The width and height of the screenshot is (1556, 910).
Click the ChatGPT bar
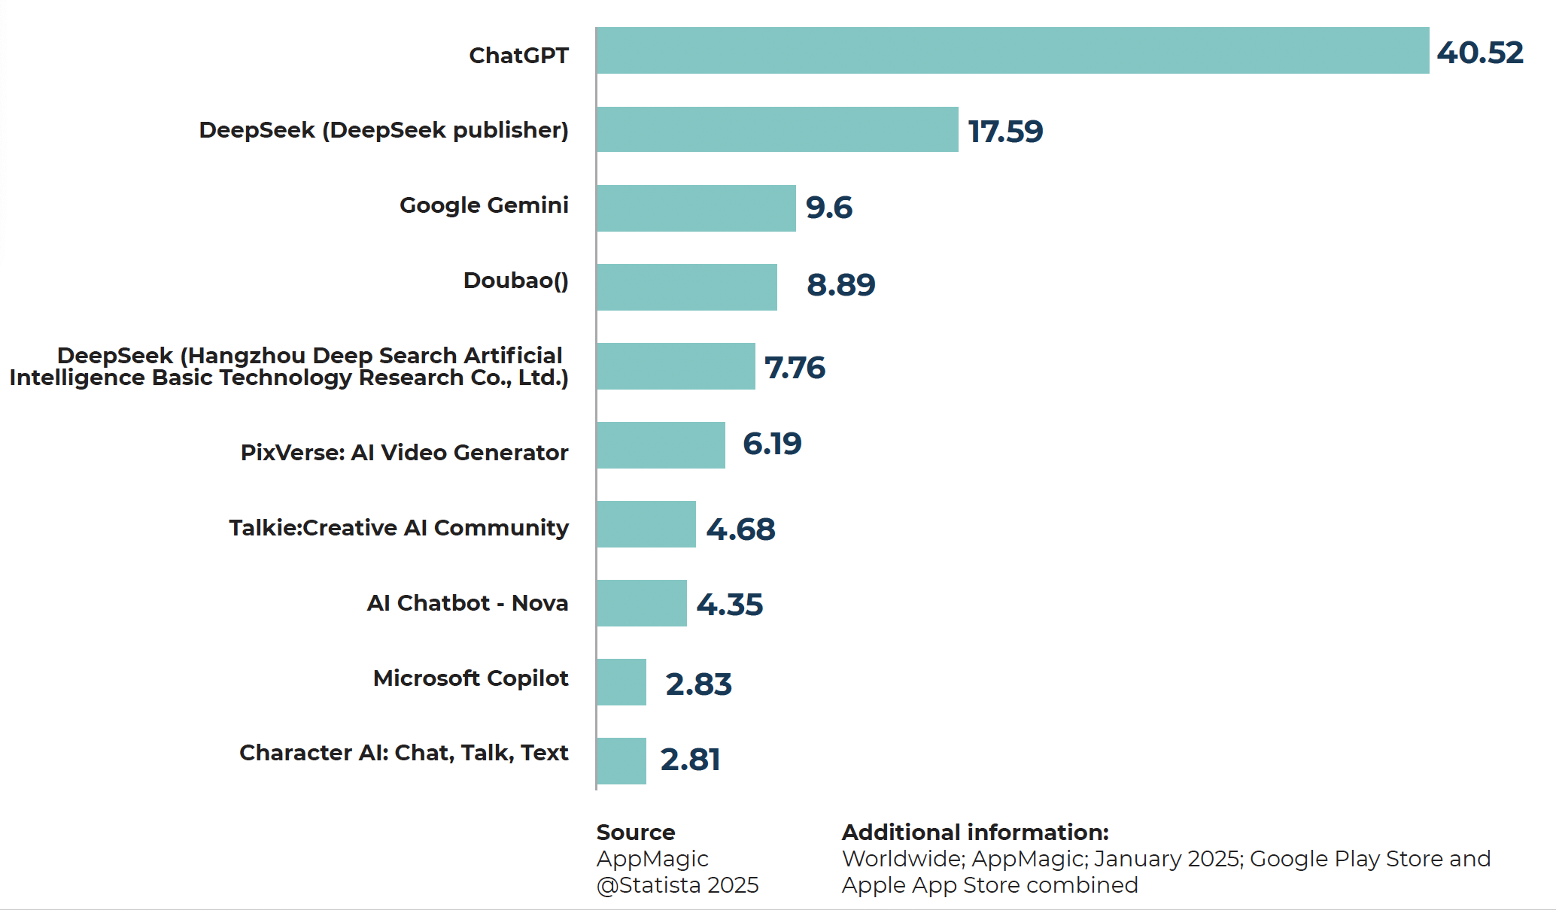[x=1012, y=50]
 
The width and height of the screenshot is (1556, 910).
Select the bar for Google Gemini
[x=696, y=208]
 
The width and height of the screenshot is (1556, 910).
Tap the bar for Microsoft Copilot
[x=621, y=682]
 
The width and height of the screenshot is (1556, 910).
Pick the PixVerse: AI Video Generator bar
[x=661, y=445]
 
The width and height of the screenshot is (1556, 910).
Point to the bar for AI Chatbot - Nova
[x=642, y=603]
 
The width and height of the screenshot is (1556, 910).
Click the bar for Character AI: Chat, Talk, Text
[x=621, y=761]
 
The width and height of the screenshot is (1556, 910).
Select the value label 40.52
[x=1480, y=53]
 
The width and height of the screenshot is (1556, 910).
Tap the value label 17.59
[x=1005, y=132]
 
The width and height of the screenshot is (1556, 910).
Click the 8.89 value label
[x=840, y=285]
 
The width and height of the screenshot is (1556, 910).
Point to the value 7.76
[x=795, y=368]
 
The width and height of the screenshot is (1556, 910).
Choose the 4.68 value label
[x=740, y=529]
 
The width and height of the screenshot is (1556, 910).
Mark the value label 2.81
[x=690, y=760]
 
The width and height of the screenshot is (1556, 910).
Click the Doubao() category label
[x=515, y=281]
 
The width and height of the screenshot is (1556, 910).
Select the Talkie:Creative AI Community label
[x=399, y=528]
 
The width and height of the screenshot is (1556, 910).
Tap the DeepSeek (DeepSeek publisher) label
[x=384, y=130]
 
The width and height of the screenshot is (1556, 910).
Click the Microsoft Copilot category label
[x=470, y=678]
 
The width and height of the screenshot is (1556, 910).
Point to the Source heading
[x=636, y=833]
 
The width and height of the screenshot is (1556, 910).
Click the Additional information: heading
[x=975, y=833]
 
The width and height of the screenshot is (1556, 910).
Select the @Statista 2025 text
[x=677, y=885]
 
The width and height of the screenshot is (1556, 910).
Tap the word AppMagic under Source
[x=652, y=859]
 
